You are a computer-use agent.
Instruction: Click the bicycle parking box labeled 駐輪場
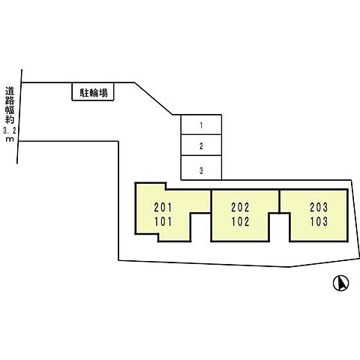point(93,91)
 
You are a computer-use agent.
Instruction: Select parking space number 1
point(201,124)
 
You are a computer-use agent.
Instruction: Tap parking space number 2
point(201,145)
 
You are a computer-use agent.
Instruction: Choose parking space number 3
point(201,168)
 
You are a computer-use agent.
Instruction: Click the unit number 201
point(163,207)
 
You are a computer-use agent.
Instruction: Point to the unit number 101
point(163,221)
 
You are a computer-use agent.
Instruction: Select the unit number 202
point(240,207)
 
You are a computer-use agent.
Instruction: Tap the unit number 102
point(240,221)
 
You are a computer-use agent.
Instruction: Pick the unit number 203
point(319,207)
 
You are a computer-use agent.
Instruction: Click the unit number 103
point(319,221)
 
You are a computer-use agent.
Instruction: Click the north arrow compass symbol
point(340,283)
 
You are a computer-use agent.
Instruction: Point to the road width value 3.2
point(10,130)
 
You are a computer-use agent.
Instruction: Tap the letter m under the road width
point(10,139)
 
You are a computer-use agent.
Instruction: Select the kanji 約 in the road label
point(10,119)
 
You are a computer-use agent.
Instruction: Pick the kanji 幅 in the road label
point(10,109)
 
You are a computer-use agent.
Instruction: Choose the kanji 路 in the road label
point(10,100)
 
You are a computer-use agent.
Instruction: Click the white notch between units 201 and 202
point(201,227)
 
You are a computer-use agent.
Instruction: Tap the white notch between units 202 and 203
point(280,227)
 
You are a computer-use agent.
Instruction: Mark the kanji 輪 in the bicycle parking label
point(94,93)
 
